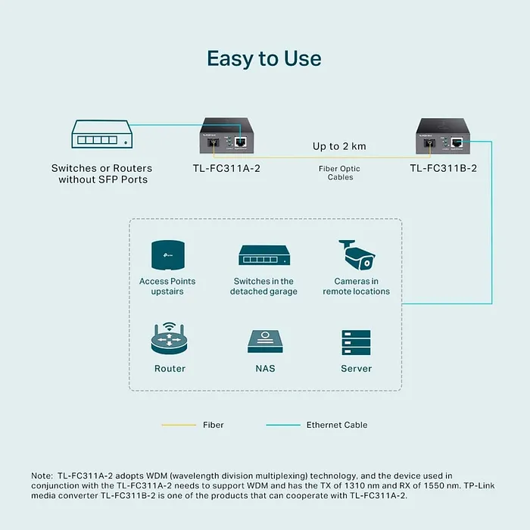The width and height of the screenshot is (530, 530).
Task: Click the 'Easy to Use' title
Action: point(264,58)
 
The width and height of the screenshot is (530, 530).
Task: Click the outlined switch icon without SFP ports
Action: point(101,134)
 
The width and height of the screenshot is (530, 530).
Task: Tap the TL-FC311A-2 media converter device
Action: point(226,136)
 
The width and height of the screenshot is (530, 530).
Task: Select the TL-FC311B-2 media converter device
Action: point(443,136)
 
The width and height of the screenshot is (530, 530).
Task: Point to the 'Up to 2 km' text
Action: point(339,146)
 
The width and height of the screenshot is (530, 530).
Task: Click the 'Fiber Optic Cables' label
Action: point(339,173)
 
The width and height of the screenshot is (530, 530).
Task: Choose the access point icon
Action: point(168,255)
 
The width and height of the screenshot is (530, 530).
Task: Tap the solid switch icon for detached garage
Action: point(264,255)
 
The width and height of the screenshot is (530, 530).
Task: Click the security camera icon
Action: point(357,255)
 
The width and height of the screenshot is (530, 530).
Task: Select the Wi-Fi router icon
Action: point(169,338)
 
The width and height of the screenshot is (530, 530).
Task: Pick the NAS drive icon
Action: point(265,341)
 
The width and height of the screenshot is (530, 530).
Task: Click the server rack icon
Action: point(357,342)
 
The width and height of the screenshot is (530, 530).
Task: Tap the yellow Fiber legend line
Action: point(179,425)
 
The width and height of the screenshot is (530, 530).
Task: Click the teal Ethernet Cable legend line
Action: point(283,425)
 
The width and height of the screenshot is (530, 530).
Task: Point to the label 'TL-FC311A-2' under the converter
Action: point(226,168)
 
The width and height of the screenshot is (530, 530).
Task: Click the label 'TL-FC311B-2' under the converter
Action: point(443,168)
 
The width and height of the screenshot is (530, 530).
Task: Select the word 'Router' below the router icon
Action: point(170,369)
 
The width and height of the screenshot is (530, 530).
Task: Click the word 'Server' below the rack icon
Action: point(357,369)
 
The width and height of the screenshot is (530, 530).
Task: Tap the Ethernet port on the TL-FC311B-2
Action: point(457,142)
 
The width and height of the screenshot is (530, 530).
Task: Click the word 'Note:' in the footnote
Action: point(42,475)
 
